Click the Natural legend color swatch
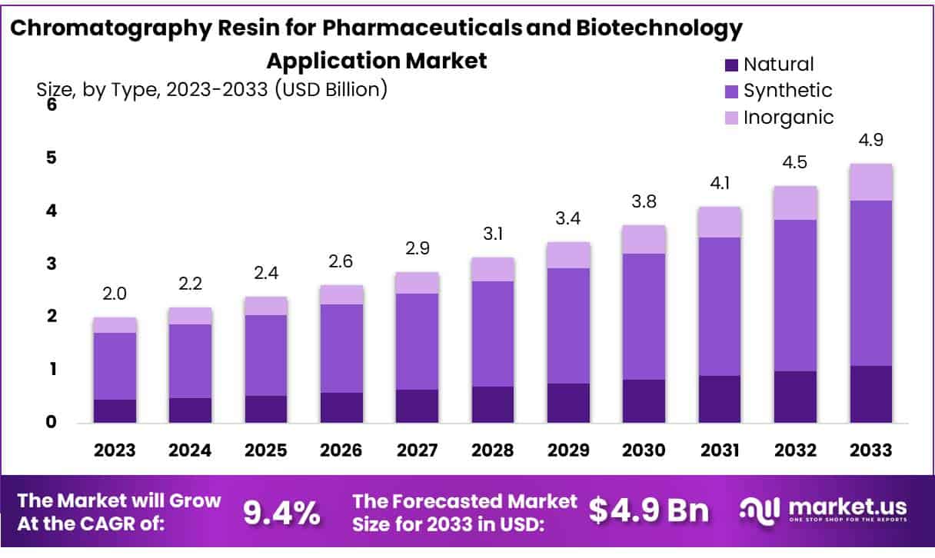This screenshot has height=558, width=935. tap(731, 65)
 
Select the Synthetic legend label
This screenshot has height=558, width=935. tap(787, 91)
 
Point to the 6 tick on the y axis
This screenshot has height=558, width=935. tap(52, 105)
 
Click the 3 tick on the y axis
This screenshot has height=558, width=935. tap(52, 264)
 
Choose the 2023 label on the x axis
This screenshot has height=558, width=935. tap(115, 450)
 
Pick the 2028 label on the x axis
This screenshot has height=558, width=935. tap(493, 450)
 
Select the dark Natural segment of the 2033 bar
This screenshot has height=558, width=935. tap(871, 394)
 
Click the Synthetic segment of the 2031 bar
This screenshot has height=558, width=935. tap(720, 306)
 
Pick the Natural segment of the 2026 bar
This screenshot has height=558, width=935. tap(341, 407)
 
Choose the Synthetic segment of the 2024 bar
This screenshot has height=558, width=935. tap(190, 360)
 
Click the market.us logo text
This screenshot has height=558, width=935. tap(844, 507)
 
